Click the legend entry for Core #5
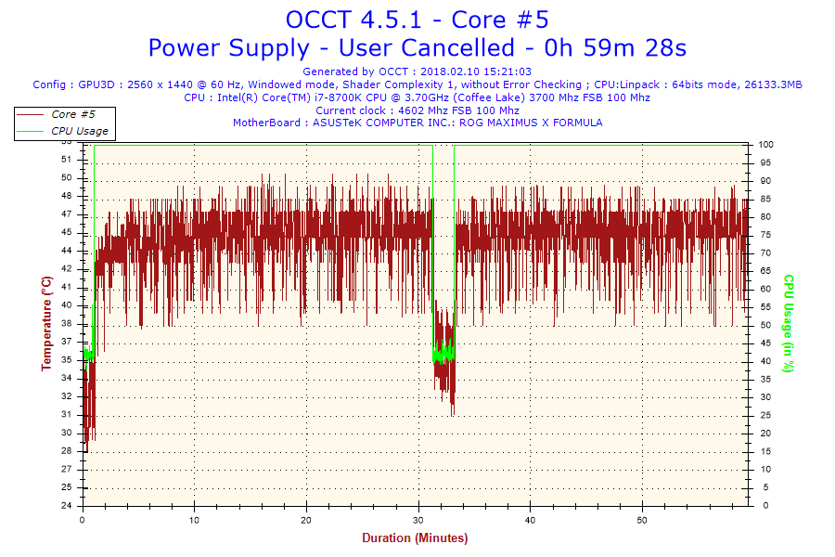[73, 114]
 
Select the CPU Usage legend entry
[79, 131]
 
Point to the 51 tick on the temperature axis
[66, 160]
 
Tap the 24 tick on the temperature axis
[66, 506]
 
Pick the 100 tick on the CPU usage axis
[766, 145]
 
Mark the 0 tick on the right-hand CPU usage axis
[762, 506]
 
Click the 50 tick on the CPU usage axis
[764, 326]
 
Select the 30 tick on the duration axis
[418, 520]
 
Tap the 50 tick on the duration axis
[642, 520]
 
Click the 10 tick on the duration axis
[195, 520]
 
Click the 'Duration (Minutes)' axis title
[415, 538]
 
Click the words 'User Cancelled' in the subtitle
[427, 47]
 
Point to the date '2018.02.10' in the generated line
[449, 71]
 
